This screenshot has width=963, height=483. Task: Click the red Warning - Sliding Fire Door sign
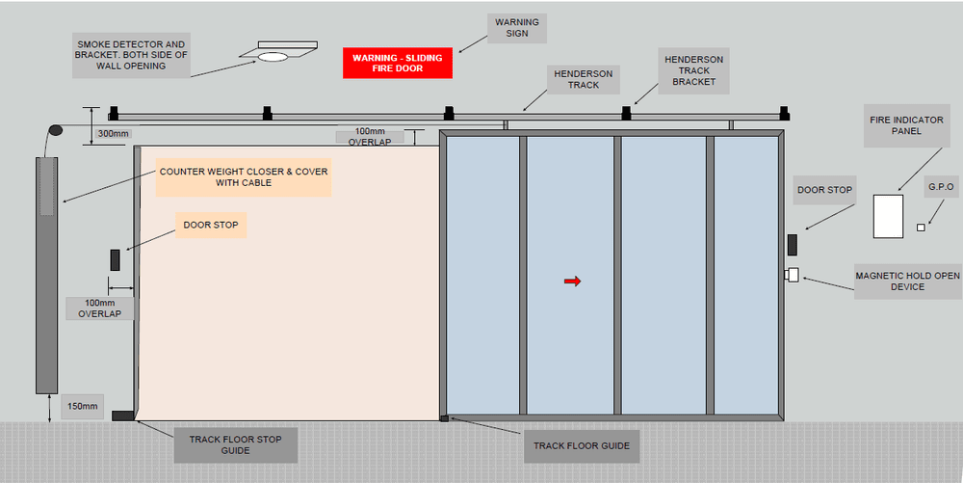click(397, 64)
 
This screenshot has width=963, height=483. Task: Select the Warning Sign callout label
click(517, 28)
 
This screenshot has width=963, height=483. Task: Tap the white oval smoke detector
click(273, 57)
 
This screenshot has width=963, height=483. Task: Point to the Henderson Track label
click(583, 79)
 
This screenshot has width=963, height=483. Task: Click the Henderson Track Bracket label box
click(693, 70)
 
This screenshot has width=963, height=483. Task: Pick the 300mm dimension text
click(114, 133)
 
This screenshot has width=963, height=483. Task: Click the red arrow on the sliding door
click(572, 282)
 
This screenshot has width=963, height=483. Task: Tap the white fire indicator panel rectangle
click(888, 216)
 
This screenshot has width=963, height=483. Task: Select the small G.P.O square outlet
click(921, 228)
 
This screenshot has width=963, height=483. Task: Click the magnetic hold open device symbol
click(792, 275)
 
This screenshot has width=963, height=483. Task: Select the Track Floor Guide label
click(582, 445)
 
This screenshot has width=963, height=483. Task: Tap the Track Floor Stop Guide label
click(235, 445)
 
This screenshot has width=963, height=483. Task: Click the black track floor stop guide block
click(122, 416)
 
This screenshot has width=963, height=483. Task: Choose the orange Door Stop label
click(210, 226)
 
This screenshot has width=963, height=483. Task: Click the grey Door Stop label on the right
click(824, 190)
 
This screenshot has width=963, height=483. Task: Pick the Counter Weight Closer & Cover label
click(244, 177)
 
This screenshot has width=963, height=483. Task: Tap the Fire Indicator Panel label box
click(895, 124)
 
